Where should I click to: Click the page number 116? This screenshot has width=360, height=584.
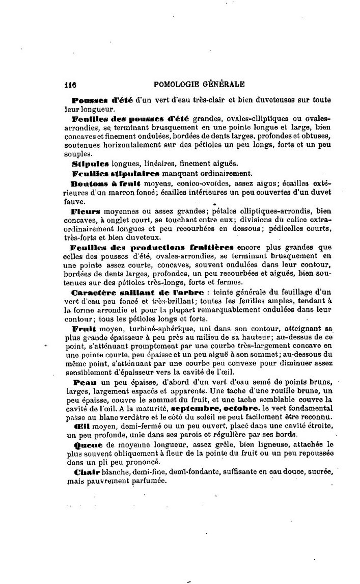click(71, 84)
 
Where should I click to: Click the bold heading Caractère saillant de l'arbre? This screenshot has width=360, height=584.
click(137, 293)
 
